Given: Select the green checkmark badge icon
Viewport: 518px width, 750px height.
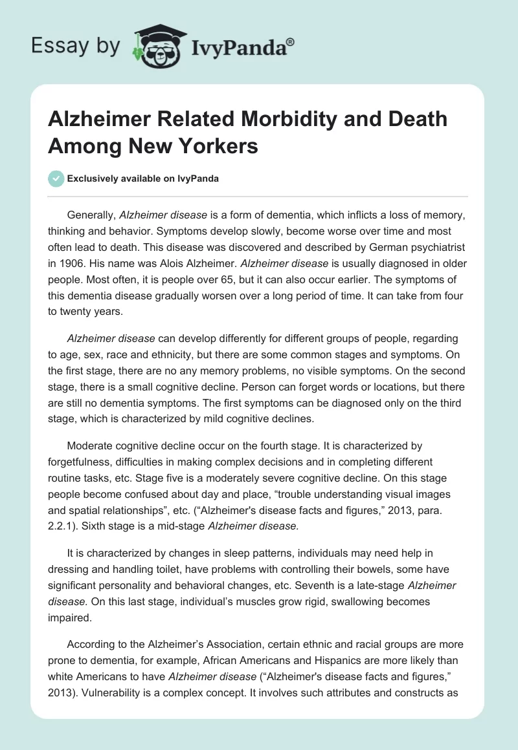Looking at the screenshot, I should (x=56, y=178).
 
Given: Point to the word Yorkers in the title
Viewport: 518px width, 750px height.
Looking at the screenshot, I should (x=220, y=145).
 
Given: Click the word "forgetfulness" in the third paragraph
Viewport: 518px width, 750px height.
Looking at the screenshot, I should (x=80, y=463).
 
